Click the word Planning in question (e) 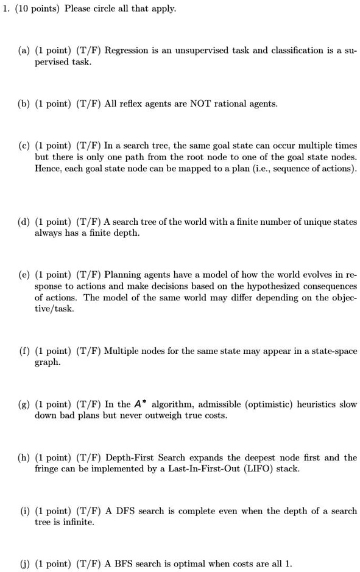[x=123, y=275]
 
